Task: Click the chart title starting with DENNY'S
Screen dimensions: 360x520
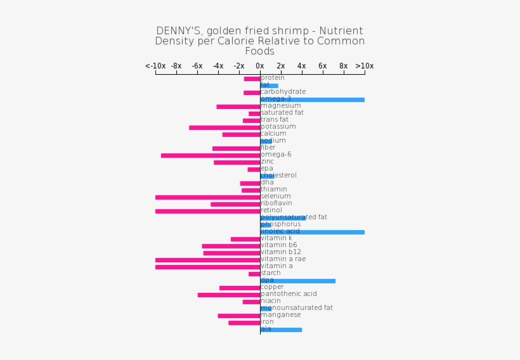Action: point(259,41)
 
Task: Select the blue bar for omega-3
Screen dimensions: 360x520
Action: point(312,100)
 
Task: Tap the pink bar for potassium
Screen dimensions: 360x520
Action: point(224,127)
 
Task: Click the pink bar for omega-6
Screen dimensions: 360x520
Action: point(211,155)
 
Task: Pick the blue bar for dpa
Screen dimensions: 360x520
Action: point(297,281)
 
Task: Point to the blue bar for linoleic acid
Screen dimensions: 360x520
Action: point(312,232)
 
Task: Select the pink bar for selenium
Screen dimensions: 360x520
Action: point(207,197)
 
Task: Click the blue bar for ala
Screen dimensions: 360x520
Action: point(281,330)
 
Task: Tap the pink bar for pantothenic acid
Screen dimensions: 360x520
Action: point(228,295)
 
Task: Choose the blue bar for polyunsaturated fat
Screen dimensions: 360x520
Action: point(283,218)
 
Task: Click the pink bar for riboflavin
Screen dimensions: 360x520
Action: point(235,204)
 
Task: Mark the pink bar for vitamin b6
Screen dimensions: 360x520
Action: point(231,246)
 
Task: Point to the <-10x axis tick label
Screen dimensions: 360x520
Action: point(155,66)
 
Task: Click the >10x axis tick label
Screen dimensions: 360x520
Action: point(365,66)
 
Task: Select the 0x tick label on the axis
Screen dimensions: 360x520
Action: point(260,66)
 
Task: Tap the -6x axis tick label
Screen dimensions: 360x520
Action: point(197,66)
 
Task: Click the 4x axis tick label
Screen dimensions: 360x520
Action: point(302,66)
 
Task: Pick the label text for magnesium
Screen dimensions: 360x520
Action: point(280,106)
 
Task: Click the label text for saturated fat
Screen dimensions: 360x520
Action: point(282,113)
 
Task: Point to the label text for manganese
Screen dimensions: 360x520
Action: point(280,315)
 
